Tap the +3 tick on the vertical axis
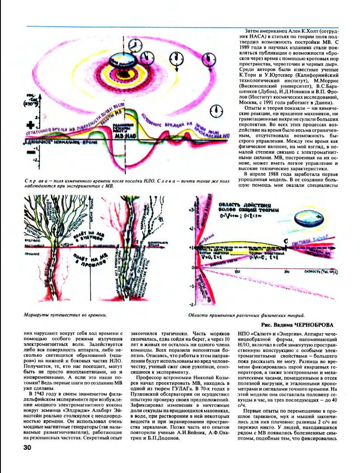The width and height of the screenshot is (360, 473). (191, 210)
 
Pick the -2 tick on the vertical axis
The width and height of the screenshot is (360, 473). (191, 304)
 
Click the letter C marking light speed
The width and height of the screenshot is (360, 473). (286, 241)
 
